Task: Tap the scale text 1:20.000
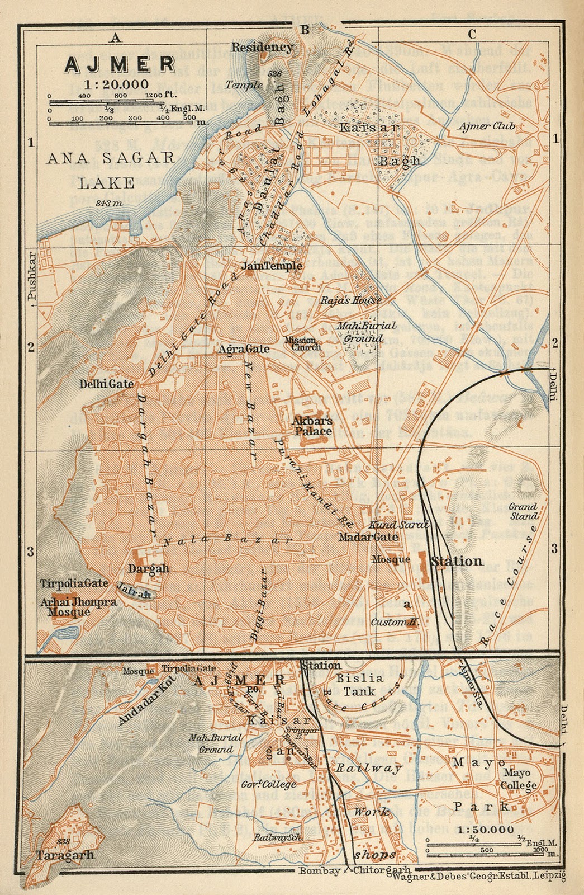(117, 84)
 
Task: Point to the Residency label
(262, 48)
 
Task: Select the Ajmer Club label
(486, 126)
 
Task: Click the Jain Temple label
(272, 266)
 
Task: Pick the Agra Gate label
(244, 349)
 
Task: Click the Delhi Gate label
(106, 384)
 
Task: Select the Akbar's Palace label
(313, 426)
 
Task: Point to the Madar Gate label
(368, 537)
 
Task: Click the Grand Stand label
(523, 512)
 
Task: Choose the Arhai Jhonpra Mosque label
(78, 607)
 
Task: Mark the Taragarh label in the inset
(65, 855)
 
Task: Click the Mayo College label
(520, 779)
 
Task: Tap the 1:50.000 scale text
(485, 830)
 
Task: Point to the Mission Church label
(302, 343)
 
